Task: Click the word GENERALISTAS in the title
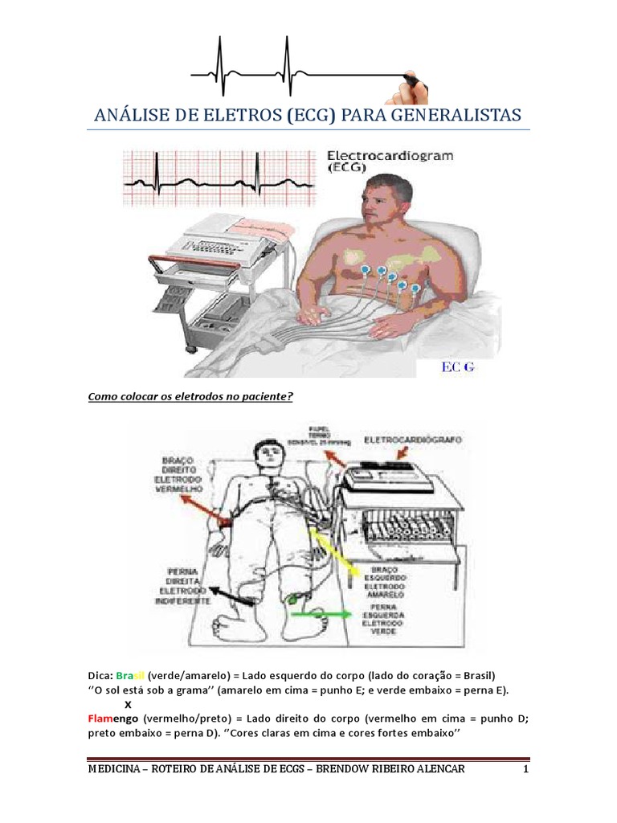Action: pos(456,114)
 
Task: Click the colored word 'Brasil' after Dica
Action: pos(130,674)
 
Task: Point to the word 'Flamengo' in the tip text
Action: pos(110,716)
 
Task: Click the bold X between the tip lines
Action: pos(128,703)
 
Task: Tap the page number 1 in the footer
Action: pos(525,770)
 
